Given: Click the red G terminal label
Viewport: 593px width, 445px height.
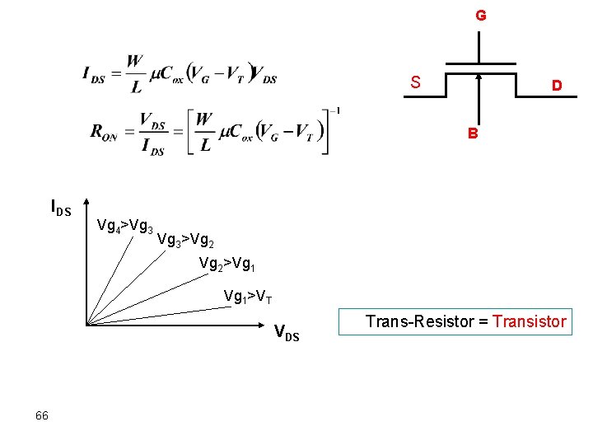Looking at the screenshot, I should [x=480, y=16].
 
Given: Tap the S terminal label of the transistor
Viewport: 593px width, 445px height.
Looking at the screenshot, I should [x=416, y=82].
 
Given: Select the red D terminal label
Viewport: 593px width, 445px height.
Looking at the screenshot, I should [x=558, y=86].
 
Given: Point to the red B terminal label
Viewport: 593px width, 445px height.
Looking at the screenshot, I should [x=473, y=133].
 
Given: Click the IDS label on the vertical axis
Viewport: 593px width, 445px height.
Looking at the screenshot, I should [x=61, y=208].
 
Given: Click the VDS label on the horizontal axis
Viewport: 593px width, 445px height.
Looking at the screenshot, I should [x=287, y=333].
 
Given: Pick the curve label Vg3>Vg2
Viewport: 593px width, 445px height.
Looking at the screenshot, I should [x=185, y=241].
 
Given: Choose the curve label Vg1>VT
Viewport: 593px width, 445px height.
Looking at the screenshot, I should [x=248, y=297].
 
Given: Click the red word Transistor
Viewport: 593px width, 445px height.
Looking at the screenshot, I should [x=530, y=321].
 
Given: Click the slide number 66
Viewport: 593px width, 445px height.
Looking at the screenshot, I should [x=42, y=415].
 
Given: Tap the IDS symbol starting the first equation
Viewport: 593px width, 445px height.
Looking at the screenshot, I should [x=94, y=75].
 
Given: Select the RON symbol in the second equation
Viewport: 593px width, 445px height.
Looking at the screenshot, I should [x=104, y=132].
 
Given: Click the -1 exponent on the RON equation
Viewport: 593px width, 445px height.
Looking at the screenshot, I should [x=336, y=110].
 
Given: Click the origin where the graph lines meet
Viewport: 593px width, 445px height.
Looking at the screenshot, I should [x=86, y=326].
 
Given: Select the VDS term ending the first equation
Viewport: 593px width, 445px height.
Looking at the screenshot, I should [x=264, y=77].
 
